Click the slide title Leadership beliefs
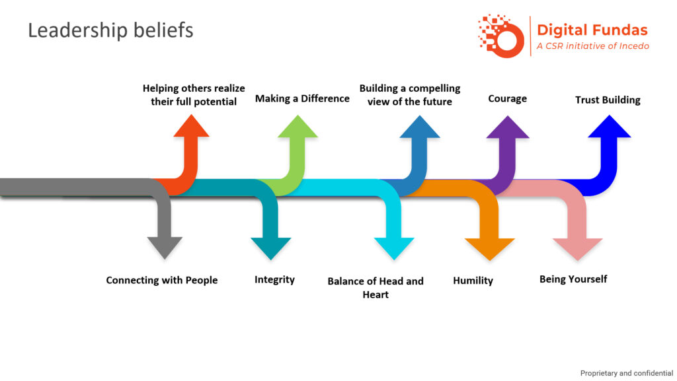point(110,30)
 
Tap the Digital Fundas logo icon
point(500,35)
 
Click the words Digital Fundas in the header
point(592,30)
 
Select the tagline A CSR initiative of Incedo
point(592,46)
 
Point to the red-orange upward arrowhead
point(191,127)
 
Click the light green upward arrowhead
point(298,127)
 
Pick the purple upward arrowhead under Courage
point(507,127)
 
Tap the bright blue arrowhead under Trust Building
point(609,127)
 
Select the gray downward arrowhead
point(165,247)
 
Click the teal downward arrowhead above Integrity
point(271,247)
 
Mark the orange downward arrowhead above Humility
point(489,248)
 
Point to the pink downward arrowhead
point(577,248)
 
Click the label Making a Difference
point(302,98)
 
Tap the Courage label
point(507,99)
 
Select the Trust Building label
point(608,100)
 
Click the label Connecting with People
point(162,280)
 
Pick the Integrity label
point(274,280)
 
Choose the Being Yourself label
point(573,279)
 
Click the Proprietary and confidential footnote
point(626,373)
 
